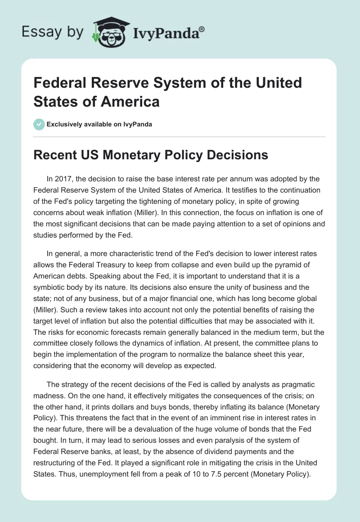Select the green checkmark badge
(39, 124)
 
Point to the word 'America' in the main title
(133, 101)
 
